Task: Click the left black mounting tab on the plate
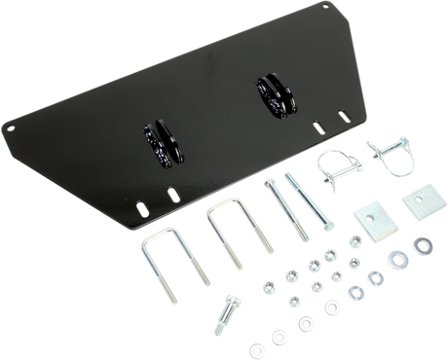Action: (x=158, y=141)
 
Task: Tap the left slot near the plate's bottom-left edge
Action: (x=141, y=206)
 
